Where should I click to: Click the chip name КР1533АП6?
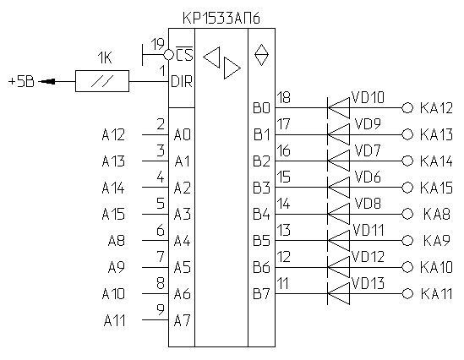click(221, 18)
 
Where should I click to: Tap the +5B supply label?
click(21, 81)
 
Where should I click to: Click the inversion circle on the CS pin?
click(168, 55)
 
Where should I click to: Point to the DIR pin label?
click(182, 81)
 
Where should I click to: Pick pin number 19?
click(157, 45)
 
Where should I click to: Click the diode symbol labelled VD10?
click(339, 107)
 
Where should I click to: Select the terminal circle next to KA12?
click(407, 108)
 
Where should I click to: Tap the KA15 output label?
click(436, 188)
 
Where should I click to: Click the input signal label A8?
click(117, 241)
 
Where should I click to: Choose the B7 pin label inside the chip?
click(262, 294)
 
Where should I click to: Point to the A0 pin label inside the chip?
click(183, 135)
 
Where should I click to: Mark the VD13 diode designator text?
click(368, 283)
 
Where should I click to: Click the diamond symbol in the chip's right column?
click(262, 55)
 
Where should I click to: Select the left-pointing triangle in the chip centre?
click(212, 57)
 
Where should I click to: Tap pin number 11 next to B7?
click(283, 283)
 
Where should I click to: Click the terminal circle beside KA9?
click(407, 241)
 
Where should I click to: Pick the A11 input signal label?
click(114, 320)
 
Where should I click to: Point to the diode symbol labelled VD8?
click(339, 214)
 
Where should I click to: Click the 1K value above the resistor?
click(105, 57)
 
